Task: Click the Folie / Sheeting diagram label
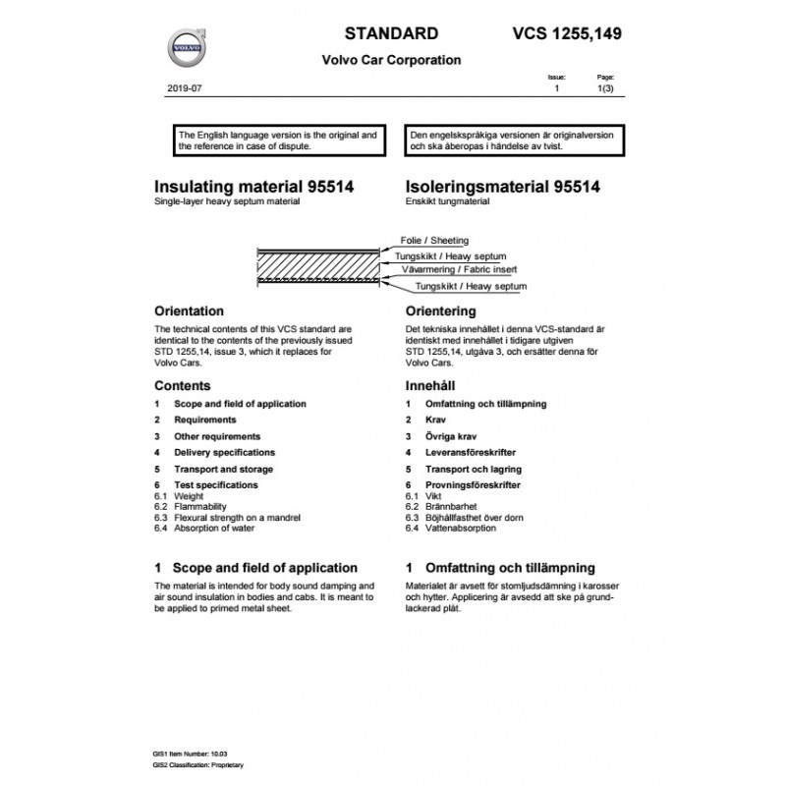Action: click(x=434, y=240)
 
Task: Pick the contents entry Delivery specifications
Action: click(x=224, y=453)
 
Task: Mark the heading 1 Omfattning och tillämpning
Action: click(x=500, y=568)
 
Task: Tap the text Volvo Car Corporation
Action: click(x=391, y=60)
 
